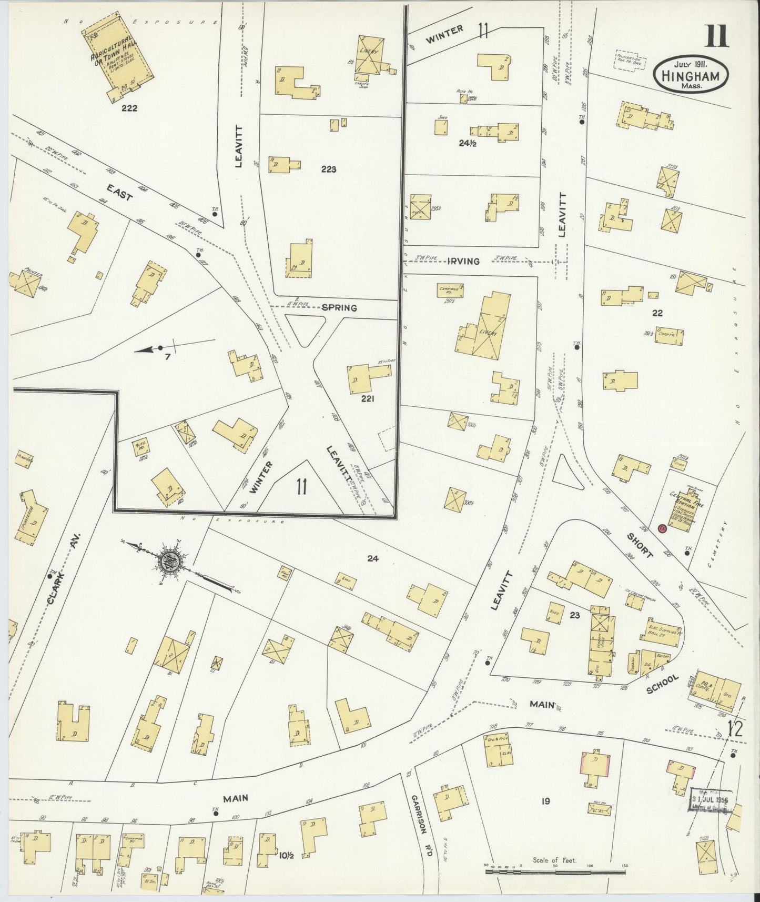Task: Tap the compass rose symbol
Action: point(171,560)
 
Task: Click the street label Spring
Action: point(339,308)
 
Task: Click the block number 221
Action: point(367,398)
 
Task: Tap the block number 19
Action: point(545,801)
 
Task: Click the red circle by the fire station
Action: point(662,528)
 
